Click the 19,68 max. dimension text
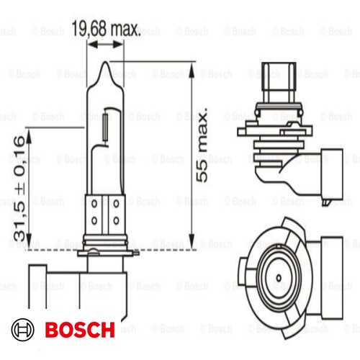(106, 30)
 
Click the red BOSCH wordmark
(79, 330)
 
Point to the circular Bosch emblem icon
(25, 330)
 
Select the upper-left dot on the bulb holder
(96, 204)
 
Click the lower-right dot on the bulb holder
(116, 220)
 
